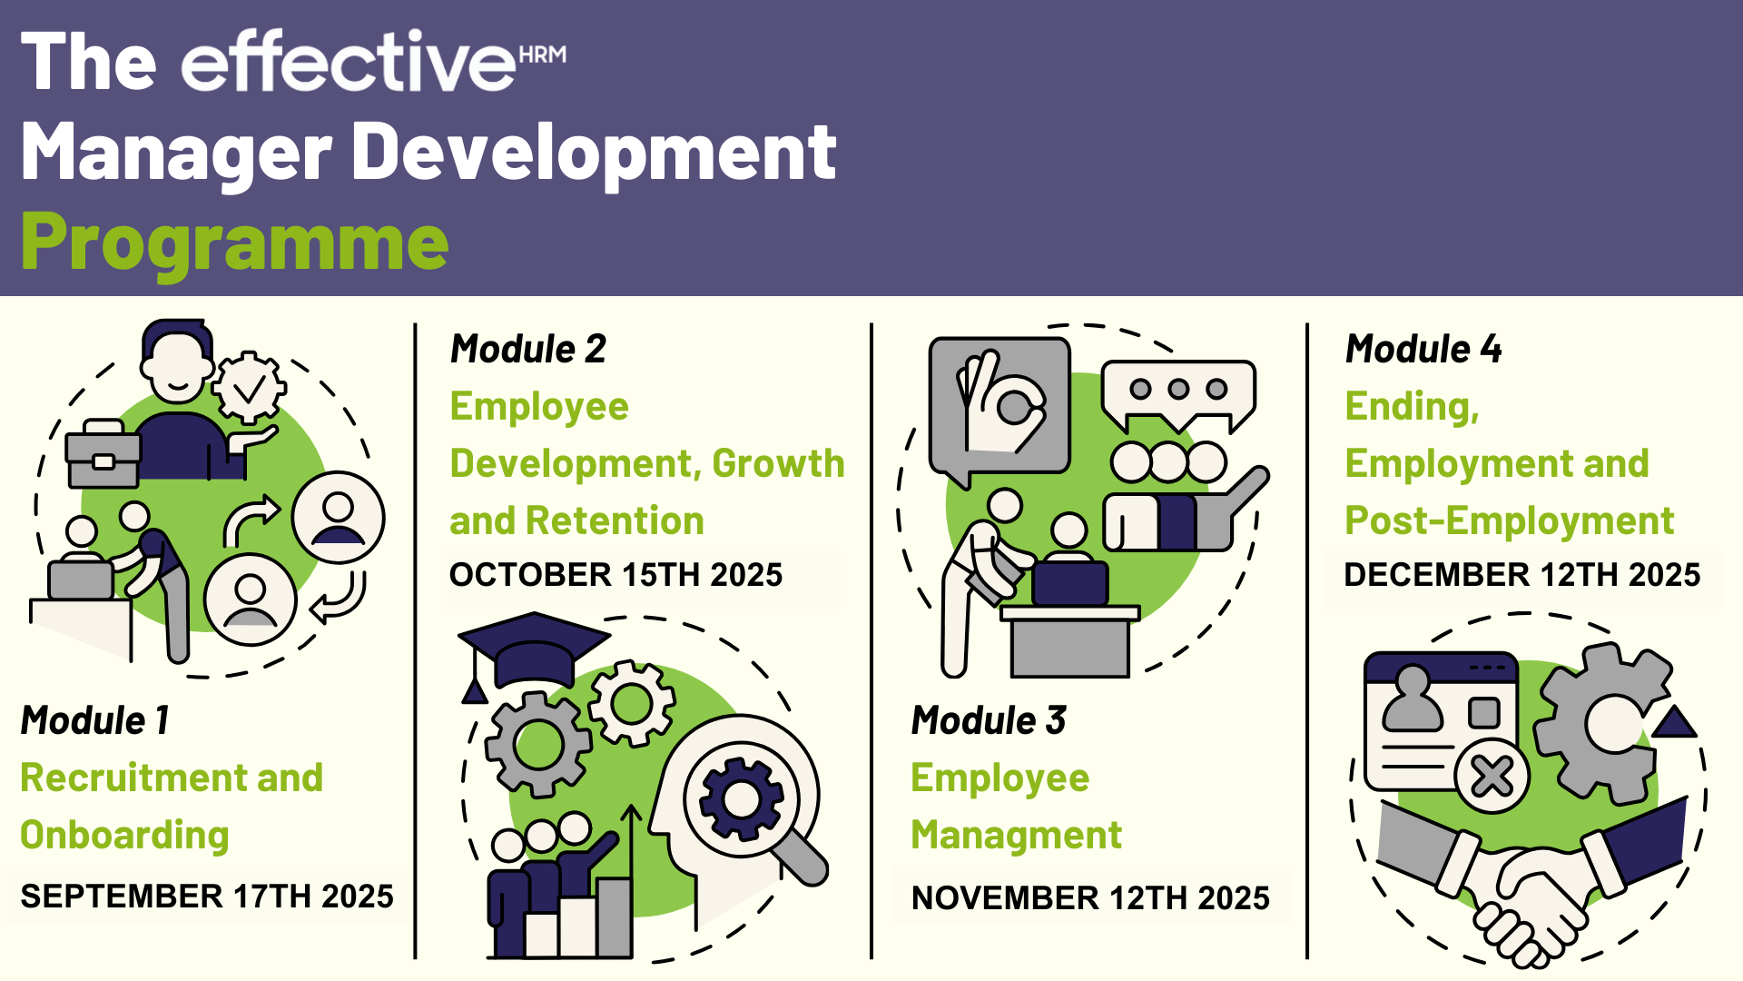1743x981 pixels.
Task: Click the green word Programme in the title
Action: [234, 243]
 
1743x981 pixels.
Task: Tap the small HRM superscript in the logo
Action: [543, 54]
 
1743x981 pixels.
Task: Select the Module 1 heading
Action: [95, 720]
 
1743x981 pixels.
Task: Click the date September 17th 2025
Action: [207, 897]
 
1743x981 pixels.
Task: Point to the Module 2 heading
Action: [528, 349]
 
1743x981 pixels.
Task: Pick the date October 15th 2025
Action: [615, 575]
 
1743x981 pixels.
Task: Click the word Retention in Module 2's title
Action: [615, 520]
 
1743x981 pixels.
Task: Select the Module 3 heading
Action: [989, 720]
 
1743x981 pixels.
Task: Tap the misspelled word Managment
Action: [1017, 836]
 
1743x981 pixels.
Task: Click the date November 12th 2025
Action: [1090, 898]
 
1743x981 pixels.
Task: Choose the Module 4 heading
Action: [1423, 349]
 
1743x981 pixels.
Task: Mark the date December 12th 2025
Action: [1521, 575]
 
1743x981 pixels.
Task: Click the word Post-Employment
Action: [1509, 521]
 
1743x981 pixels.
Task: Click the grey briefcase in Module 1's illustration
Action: [103, 453]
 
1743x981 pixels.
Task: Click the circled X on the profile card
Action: [1492, 777]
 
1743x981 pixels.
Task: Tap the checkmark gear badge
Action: [249, 388]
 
